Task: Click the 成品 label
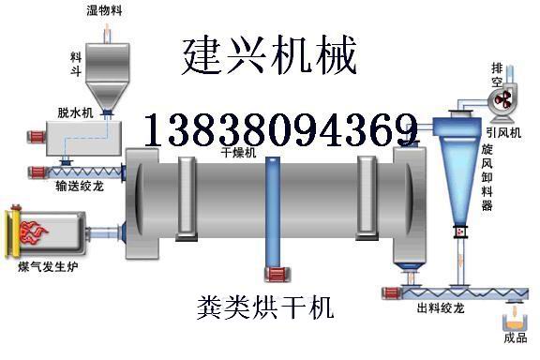[516, 338]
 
